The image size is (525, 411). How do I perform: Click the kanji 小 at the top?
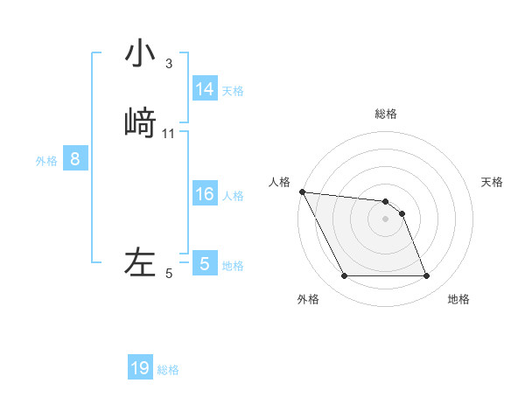point(140,54)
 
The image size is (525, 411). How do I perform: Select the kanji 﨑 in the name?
point(140,122)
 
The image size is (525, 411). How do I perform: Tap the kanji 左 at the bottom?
point(140,262)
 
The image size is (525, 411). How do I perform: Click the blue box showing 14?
point(205,89)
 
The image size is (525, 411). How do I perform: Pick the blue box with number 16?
point(205,194)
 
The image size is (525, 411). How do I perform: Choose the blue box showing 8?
point(75,159)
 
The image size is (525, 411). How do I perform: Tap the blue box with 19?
point(140,368)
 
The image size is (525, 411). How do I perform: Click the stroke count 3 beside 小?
point(168,64)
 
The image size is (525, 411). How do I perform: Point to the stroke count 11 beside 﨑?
point(169,134)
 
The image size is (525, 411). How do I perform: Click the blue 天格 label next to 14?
point(233,90)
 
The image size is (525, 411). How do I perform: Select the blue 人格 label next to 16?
point(233,195)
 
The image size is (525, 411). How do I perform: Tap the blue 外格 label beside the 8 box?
point(46,161)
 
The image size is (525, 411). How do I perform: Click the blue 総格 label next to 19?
point(168,370)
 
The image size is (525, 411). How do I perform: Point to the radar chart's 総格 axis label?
point(386,114)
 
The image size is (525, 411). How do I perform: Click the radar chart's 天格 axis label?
point(492,182)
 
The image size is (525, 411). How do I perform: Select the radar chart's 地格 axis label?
point(458,299)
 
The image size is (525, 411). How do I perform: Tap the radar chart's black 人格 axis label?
point(280,182)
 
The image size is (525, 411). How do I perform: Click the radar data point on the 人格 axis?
point(302,192)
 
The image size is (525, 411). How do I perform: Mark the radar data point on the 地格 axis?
point(426,276)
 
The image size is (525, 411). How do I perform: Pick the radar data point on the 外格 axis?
point(344,276)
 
